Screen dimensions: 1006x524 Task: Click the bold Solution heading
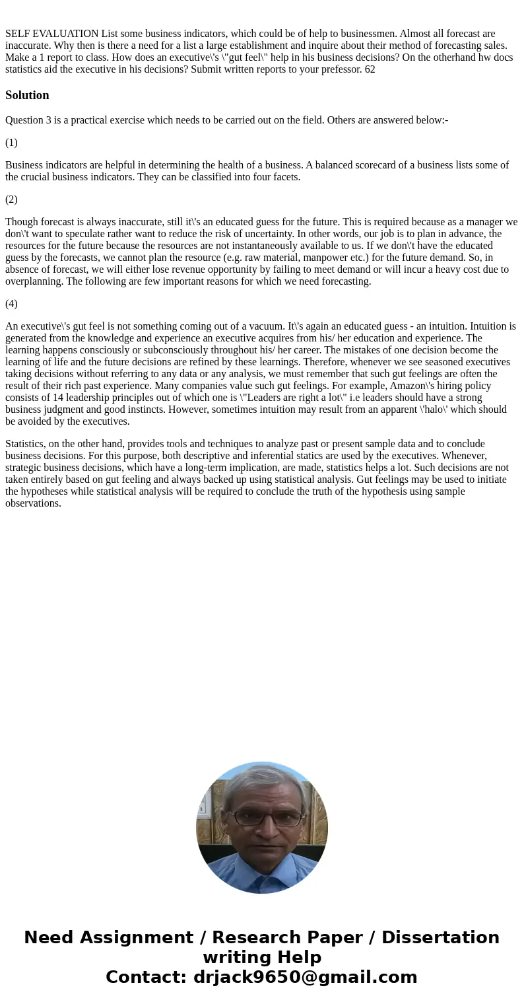(27, 95)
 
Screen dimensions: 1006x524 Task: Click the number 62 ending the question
(370, 69)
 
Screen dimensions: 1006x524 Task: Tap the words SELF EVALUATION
(52, 34)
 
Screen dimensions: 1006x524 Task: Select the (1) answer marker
(11, 143)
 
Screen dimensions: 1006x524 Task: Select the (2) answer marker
(11, 199)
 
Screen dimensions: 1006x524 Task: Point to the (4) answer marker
(11, 304)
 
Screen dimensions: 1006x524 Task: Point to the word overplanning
(34, 281)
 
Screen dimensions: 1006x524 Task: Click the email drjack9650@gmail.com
(305, 977)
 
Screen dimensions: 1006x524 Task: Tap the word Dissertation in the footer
(440, 937)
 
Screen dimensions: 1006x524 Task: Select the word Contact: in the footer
(146, 977)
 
